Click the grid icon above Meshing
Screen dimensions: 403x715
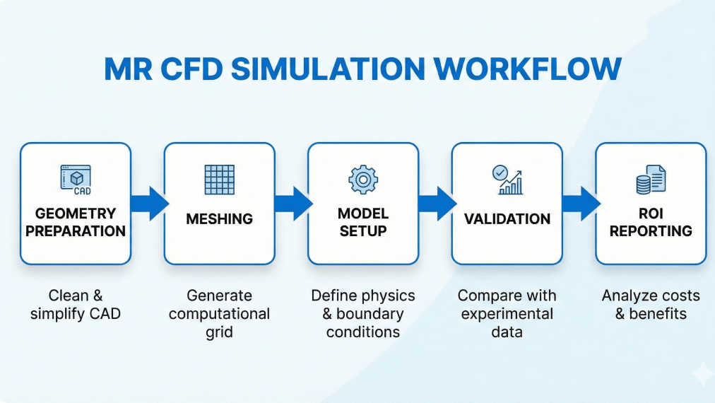[x=219, y=180]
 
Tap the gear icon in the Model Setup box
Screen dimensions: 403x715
[x=363, y=180]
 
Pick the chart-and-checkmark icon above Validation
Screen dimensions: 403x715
[x=507, y=180]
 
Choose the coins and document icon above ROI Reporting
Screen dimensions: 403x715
[x=651, y=180]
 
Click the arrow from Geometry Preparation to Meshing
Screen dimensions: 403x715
[x=149, y=203]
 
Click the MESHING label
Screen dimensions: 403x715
[x=219, y=219]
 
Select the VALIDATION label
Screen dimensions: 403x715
[x=507, y=219]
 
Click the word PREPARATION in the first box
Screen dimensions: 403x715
[x=76, y=231]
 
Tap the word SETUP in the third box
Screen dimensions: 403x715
[x=363, y=231]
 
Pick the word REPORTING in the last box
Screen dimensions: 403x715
[x=651, y=231]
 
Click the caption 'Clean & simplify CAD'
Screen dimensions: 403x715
[x=76, y=305]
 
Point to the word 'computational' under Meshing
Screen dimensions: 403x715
[x=219, y=314]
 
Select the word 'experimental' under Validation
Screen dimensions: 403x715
[x=507, y=314]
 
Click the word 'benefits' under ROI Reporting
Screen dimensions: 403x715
[x=658, y=314]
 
